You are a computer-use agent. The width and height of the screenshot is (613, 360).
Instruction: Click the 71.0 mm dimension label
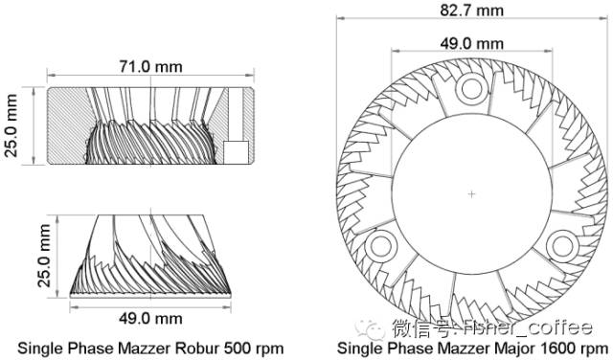point(151,66)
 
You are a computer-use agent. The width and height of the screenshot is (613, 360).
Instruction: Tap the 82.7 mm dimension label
point(472,10)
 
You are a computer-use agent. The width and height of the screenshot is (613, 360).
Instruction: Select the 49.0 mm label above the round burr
point(472,43)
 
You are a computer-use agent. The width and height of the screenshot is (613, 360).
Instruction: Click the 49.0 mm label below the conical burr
point(151,318)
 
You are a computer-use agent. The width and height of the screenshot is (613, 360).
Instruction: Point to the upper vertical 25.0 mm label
point(11,125)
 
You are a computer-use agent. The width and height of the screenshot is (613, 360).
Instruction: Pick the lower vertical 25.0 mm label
point(45,256)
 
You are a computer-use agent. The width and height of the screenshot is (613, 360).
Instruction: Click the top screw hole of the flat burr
point(472,89)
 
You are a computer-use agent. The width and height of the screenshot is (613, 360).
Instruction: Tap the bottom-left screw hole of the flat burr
point(381,246)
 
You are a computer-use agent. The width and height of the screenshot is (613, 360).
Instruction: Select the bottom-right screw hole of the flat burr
point(562,246)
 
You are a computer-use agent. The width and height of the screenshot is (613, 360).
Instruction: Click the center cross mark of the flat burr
point(472,193)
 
